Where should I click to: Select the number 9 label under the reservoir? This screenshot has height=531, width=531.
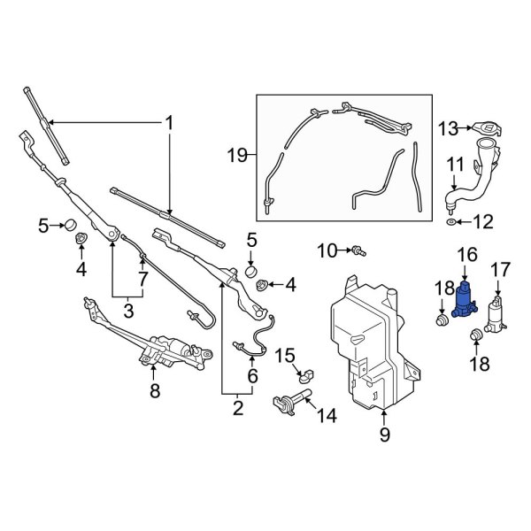(384, 435)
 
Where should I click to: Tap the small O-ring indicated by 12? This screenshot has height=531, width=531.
(451, 221)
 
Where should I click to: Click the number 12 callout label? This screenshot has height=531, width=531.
(482, 221)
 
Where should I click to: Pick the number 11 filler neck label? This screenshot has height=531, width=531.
(454, 164)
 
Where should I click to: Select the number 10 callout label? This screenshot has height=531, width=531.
(328, 251)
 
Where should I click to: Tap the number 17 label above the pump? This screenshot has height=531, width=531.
(501, 268)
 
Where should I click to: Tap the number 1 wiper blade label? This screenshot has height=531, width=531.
(168, 123)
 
